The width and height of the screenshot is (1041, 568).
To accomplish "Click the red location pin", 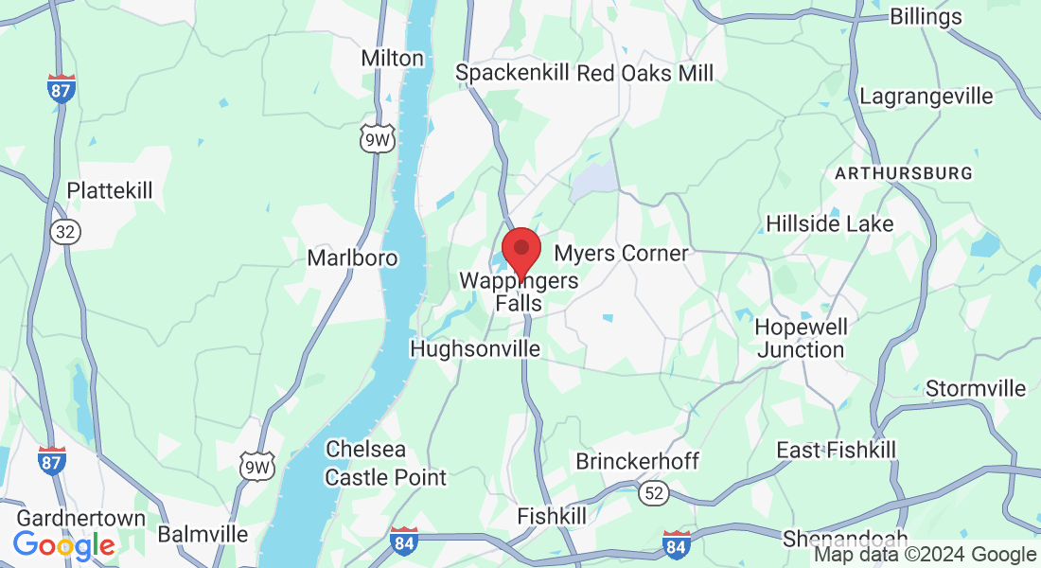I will (520, 251).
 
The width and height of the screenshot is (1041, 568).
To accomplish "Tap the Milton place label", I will (393, 58).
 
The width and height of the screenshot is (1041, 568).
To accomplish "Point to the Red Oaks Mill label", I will (645, 73).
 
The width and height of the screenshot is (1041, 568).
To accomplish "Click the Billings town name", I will (926, 16).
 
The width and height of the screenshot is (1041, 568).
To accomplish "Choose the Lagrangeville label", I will (926, 97).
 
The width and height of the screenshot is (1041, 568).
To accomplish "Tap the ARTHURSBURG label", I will (903, 173).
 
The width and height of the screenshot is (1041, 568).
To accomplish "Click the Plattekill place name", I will (110, 191).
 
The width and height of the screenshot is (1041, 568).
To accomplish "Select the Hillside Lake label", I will (829, 224).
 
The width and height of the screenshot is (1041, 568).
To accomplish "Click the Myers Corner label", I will (621, 253).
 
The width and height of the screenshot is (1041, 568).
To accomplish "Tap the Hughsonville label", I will (475, 349).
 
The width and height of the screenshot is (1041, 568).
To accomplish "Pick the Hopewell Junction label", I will (801, 338).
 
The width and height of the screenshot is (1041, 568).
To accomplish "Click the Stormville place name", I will (976, 389).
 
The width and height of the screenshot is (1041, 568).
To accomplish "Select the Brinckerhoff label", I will (638, 461).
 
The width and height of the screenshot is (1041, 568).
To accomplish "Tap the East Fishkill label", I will (837, 449).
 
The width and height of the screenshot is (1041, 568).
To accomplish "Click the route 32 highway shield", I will (65, 232).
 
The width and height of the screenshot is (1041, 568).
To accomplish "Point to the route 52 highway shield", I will (653, 491).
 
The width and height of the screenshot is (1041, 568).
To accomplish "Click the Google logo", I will (63, 545).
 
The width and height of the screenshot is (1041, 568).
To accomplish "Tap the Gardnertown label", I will (81, 518).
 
